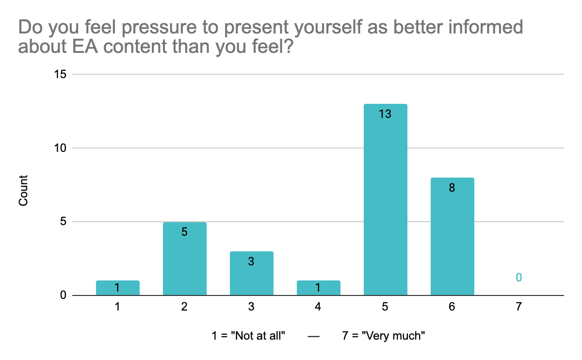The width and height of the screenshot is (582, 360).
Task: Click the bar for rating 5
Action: coord(385,199)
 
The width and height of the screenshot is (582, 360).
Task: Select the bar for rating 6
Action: coord(453,236)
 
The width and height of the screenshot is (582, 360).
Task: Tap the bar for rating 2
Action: coord(185,259)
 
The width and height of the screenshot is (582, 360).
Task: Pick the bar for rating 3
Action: coord(252,273)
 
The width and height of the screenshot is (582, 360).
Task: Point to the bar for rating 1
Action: coord(118,288)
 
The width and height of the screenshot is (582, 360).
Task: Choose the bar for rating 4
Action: coord(319,288)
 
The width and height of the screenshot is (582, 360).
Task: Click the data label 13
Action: coord(385,114)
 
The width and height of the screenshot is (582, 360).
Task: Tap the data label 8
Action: coord(452,187)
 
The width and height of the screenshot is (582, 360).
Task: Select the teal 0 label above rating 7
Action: coord(518,278)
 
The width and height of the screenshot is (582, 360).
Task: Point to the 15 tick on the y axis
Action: coord(60,74)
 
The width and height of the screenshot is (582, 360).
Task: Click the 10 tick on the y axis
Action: coord(60,148)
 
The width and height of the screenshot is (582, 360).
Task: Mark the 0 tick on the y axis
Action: coord(63,295)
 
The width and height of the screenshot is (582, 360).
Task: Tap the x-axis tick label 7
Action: coord(518,307)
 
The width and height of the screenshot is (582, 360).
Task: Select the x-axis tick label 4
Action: coord(318,307)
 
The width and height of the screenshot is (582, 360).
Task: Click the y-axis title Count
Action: coord(23,191)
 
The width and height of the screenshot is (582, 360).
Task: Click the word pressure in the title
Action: coord(159,28)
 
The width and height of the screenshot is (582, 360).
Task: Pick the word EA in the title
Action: coord(85,46)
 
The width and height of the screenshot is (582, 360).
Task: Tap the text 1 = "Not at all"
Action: coord(248,336)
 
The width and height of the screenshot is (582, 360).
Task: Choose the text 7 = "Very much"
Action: coord(384,336)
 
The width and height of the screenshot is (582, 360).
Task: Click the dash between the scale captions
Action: coord(314,337)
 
